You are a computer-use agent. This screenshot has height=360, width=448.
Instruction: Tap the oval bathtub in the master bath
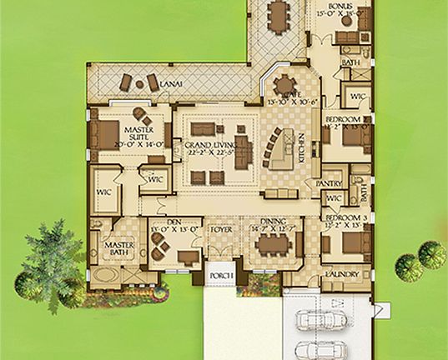coord(108,274)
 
